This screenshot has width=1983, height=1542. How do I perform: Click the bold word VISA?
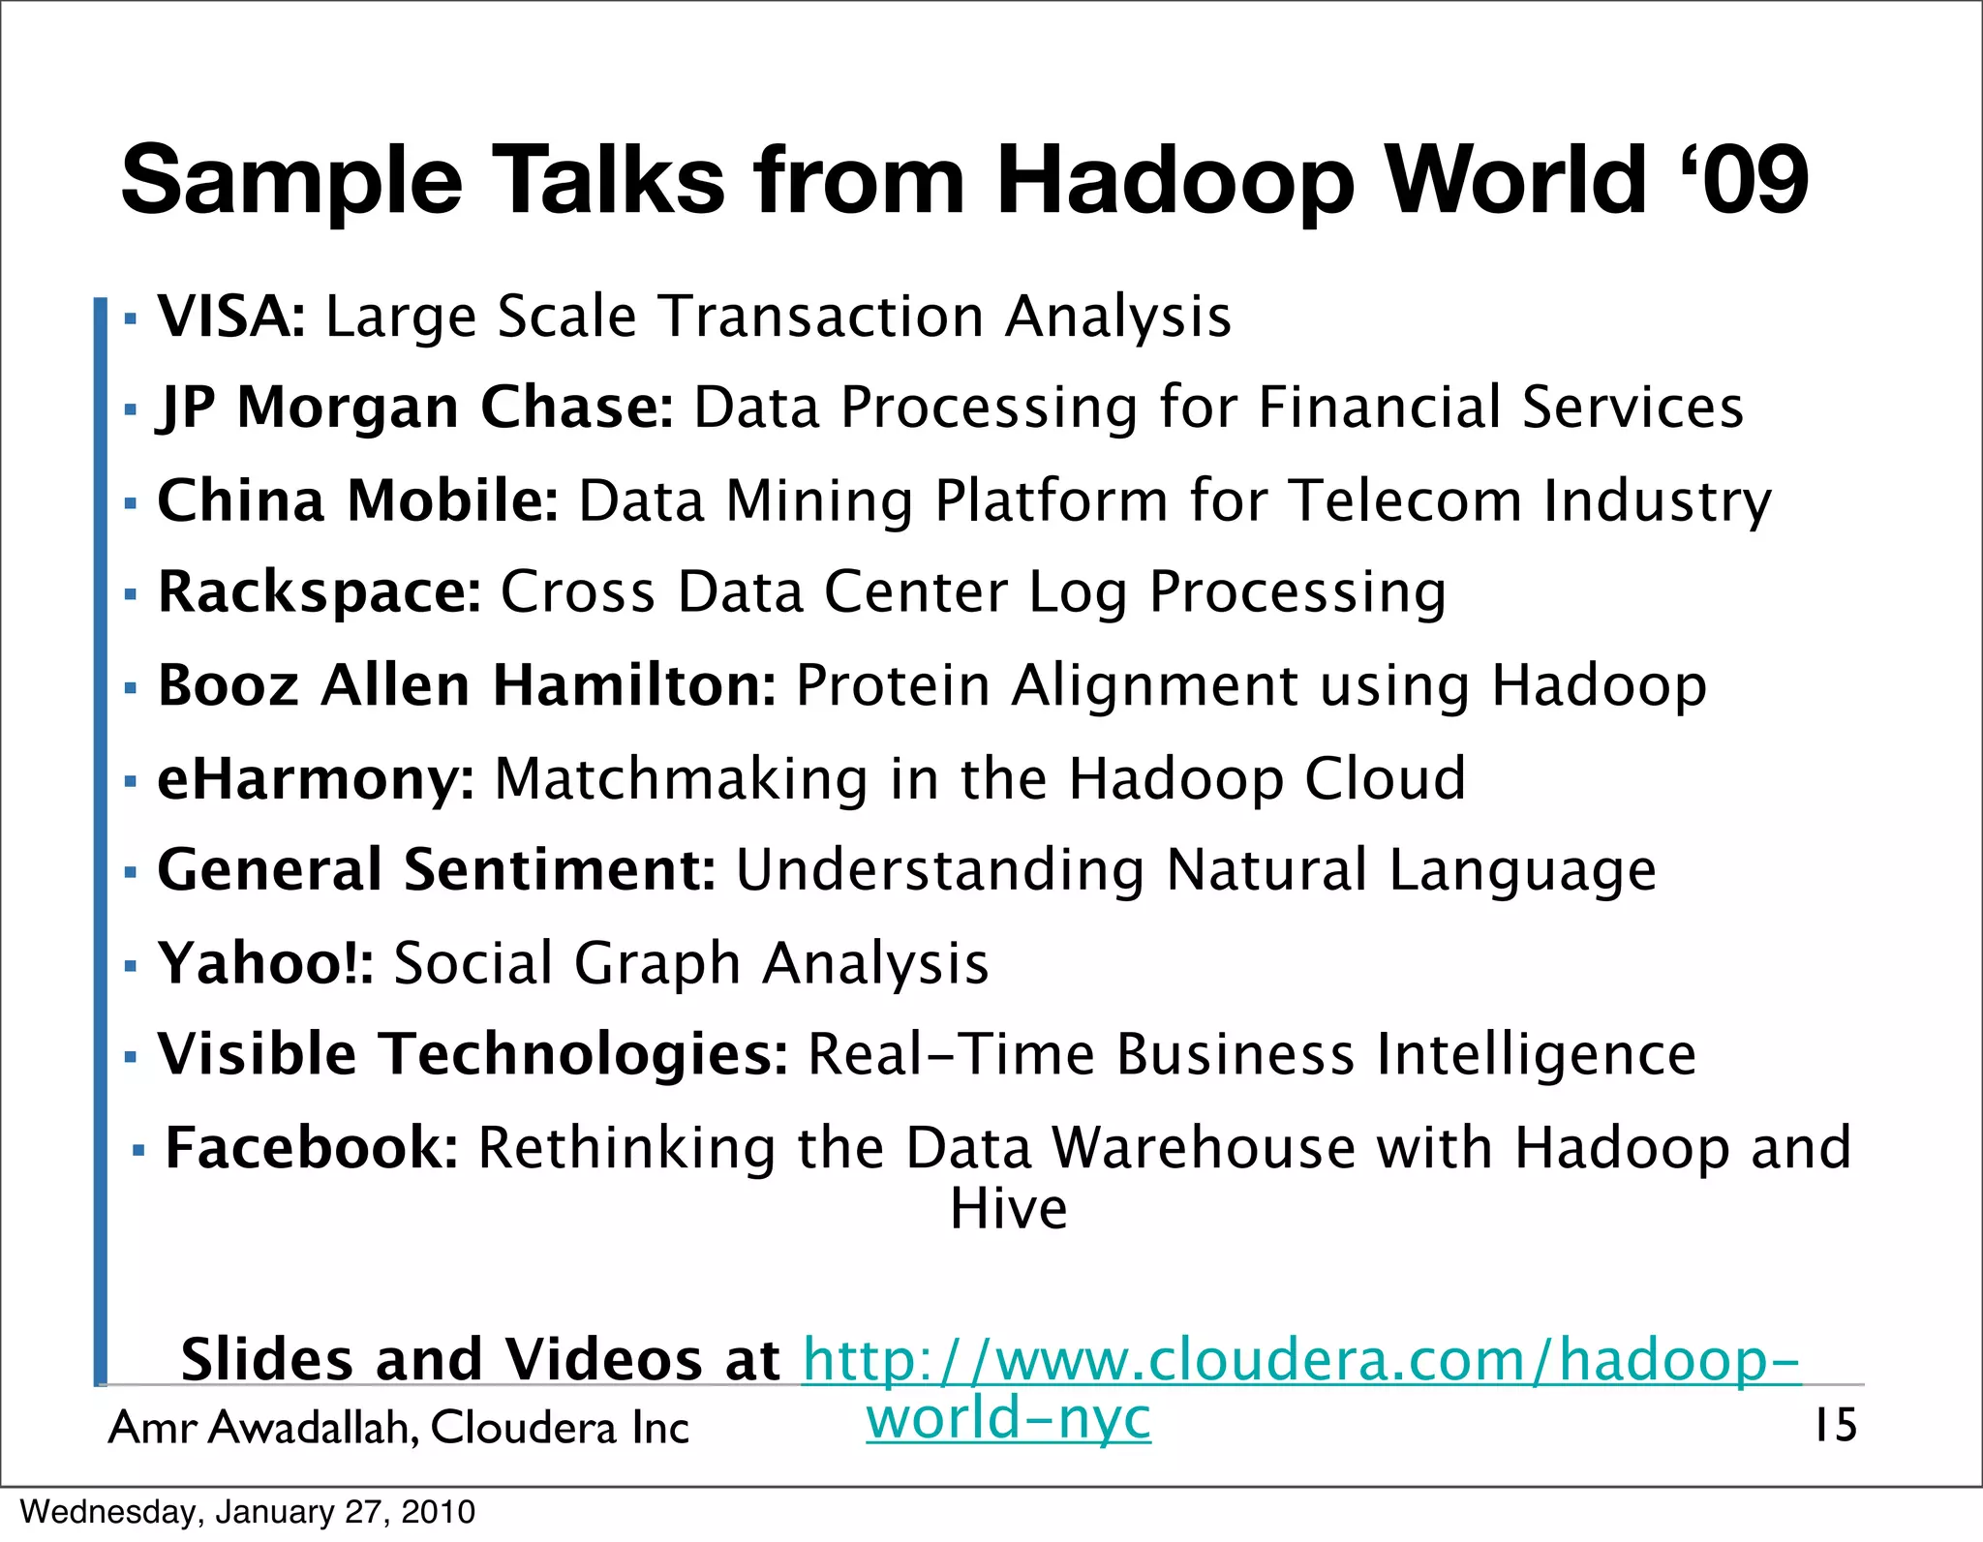pyautogui.click(x=229, y=317)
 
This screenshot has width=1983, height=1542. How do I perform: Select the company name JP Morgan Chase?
pyautogui.click(x=414, y=407)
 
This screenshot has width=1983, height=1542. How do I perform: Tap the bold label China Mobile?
pyautogui.click(x=356, y=500)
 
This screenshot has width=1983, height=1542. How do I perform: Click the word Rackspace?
pyautogui.click(x=318, y=591)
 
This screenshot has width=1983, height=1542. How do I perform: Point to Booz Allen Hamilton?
pyautogui.click(x=466, y=685)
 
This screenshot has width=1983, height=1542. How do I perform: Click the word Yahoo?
pyautogui.click(x=264, y=963)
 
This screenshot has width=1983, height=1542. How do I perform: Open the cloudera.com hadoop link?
pyautogui.click(x=1300, y=1360)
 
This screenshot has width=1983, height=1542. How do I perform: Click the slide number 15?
pyautogui.click(x=1835, y=1426)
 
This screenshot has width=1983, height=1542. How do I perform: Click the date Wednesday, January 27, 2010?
pyautogui.click(x=248, y=1512)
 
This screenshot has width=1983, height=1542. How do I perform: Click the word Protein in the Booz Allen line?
pyautogui.click(x=893, y=685)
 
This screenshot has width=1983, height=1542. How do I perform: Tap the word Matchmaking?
pyautogui.click(x=682, y=779)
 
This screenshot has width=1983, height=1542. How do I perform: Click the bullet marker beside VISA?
pyautogui.click(x=131, y=317)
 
